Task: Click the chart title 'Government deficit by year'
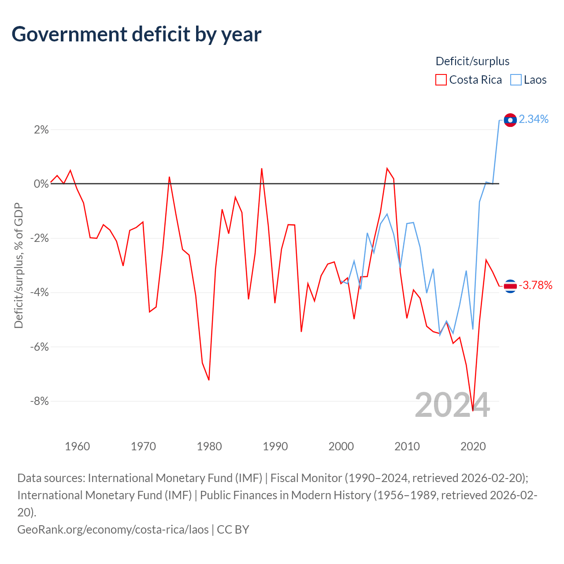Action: pyautogui.click(x=136, y=34)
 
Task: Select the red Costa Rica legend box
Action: pyautogui.click(x=441, y=80)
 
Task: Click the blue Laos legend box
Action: pyautogui.click(x=516, y=80)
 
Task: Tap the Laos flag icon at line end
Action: pyautogui.click(x=510, y=120)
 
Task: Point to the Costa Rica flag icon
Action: pyautogui.click(x=510, y=286)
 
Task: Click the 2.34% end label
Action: pyautogui.click(x=534, y=119)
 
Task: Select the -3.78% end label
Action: pyautogui.click(x=535, y=285)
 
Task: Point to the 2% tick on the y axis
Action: pyautogui.click(x=41, y=130)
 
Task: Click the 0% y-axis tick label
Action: pyautogui.click(x=41, y=184)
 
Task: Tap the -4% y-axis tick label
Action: pyautogui.click(x=40, y=293)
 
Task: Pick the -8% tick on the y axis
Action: pyautogui.click(x=40, y=401)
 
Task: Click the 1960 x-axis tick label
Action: pyautogui.click(x=77, y=446)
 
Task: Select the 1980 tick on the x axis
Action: pyautogui.click(x=209, y=446)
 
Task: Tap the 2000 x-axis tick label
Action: pyautogui.click(x=341, y=446)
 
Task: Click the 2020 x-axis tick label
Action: pyautogui.click(x=473, y=446)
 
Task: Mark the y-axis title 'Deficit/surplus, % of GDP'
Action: pyautogui.click(x=19, y=265)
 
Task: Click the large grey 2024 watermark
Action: pyautogui.click(x=452, y=405)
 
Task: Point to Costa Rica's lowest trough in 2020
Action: pyautogui.click(x=473, y=411)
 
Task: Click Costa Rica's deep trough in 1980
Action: pyautogui.click(x=209, y=380)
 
